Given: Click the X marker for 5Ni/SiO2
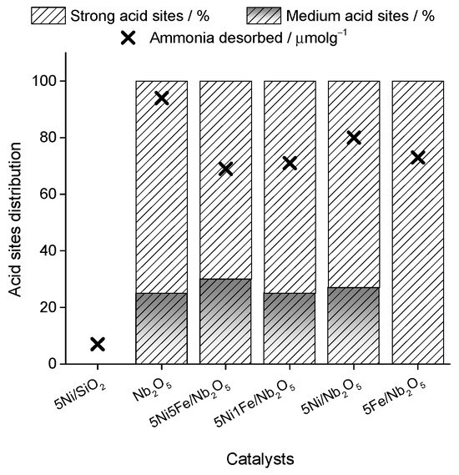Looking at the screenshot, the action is click(98, 344).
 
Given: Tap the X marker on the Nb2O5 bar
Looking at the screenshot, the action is click(162, 99).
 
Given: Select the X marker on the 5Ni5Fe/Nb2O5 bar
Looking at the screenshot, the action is click(225, 169).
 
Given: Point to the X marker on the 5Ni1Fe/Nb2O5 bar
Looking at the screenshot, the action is click(290, 163).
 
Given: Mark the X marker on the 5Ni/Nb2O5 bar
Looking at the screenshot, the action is click(354, 138).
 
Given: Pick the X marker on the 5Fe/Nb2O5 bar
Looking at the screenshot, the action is click(418, 157).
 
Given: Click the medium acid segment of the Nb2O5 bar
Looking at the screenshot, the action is click(162, 328).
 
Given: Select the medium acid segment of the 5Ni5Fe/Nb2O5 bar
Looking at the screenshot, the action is click(225, 321).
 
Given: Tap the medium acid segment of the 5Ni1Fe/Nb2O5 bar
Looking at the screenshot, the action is click(290, 328).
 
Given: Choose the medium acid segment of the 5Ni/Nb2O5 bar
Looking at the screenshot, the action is click(354, 326).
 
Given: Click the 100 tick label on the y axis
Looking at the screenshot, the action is click(44, 81).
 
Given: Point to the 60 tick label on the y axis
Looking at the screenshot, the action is click(48, 195).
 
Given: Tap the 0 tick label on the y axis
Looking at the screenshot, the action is click(53, 363).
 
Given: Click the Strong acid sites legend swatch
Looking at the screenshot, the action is click(48, 16).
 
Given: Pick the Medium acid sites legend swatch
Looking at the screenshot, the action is click(264, 16).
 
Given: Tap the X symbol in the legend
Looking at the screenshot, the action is click(128, 38).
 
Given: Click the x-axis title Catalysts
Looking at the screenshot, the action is click(260, 458).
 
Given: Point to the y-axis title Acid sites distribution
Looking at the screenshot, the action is click(15, 220).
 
